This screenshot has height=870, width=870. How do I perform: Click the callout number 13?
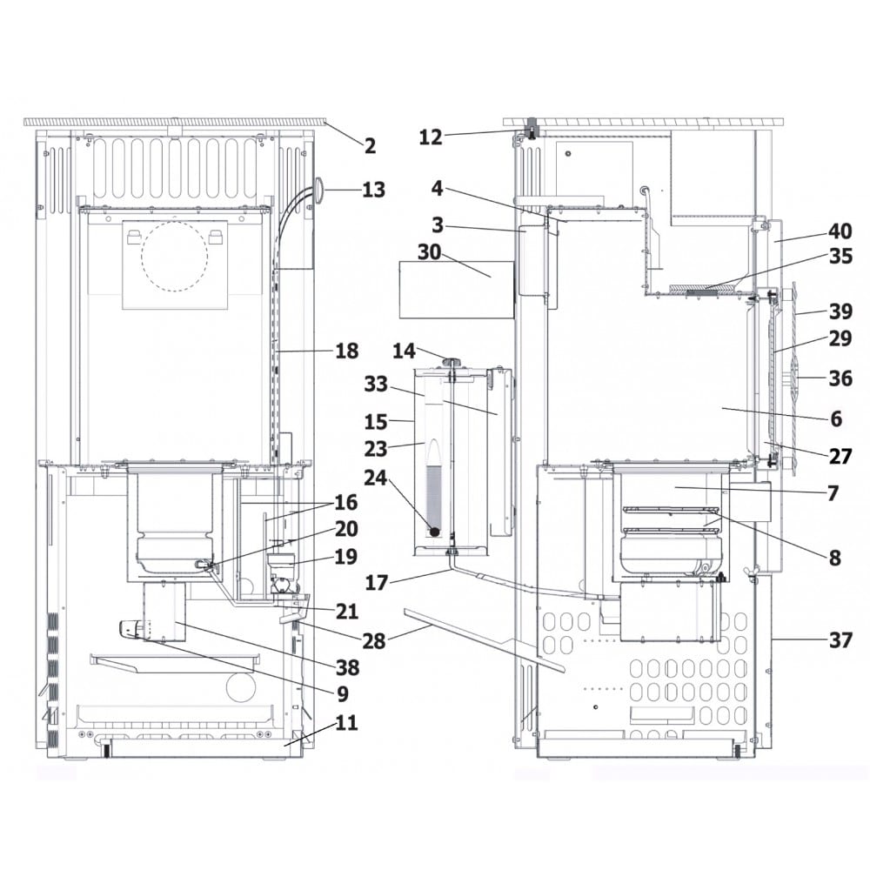(373, 190)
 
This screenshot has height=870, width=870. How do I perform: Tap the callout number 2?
(370, 146)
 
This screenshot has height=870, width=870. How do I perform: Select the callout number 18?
(347, 351)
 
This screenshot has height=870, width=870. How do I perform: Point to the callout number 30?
(429, 252)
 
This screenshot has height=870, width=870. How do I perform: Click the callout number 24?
(376, 477)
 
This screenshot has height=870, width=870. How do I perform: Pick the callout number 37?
(840, 640)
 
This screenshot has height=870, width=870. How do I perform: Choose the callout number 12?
(431, 137)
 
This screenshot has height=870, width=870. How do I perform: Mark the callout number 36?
(840, 378)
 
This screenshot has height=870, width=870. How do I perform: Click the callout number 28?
(373, 641)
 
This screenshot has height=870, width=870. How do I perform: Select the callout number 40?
(840, 231)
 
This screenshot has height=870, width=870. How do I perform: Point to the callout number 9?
(343, 693)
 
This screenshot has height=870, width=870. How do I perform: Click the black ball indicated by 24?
(434, 532)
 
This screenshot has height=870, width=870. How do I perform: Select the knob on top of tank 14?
(451, 362)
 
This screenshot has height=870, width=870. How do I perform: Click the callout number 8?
(835, 558)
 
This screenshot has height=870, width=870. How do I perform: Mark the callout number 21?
(347, 612)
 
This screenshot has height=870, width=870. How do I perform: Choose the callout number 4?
(438, 189)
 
